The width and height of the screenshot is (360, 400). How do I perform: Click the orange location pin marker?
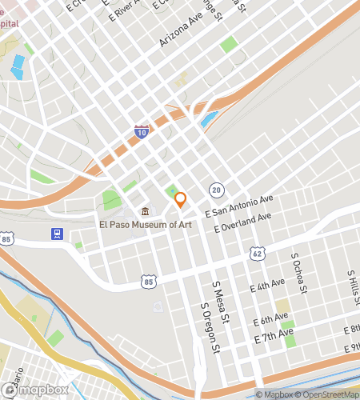coord(181,199)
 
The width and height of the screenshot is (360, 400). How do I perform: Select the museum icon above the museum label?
coord(145,212)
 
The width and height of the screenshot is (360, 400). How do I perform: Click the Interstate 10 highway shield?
coord(142,132)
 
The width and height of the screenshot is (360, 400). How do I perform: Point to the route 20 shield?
coord(217,190)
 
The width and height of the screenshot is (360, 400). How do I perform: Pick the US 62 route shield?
coord(258,253)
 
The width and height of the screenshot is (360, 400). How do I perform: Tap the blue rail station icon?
coord(58,234)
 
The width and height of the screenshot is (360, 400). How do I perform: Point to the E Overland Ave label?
coord(248,222)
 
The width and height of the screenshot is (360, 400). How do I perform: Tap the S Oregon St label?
coord(209,328)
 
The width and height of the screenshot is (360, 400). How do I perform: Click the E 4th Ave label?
coord(267,286)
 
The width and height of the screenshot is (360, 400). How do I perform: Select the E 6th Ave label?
coord(270,320)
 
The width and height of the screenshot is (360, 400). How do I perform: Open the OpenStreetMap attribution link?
coord(326,394)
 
